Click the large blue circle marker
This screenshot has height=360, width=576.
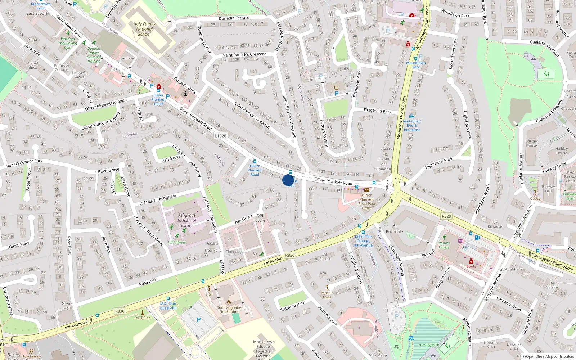(x=288, y=180)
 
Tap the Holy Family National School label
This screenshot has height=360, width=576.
(x=144, y=29)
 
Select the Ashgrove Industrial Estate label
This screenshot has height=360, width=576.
(x=187, y=220)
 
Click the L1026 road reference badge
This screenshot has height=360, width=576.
(x=221, y=136)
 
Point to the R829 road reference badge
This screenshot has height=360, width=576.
(x=446, y=216)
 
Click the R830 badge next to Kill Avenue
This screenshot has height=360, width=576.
(x=290, y=255)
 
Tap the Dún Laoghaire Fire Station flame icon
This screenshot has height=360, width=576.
(x=229, y=302)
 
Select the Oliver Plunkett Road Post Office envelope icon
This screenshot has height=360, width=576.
(x=366, y=190)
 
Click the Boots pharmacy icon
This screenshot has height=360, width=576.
(x=471, y=261)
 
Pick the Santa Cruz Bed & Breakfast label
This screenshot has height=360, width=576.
(x=412, y=125)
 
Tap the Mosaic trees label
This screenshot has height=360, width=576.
(x=327, y=295)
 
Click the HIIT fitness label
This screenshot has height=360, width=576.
(x=177, y=242)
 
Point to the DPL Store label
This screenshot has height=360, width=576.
(x=260, y=218)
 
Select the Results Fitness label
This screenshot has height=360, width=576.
(x=444, y=245)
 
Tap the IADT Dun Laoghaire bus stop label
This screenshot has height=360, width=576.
(x=168, y=306)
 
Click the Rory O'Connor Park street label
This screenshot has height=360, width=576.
(x=24, y=163)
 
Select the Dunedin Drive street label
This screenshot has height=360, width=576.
(x=185, y=85)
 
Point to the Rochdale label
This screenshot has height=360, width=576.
(x=394, y=231)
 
